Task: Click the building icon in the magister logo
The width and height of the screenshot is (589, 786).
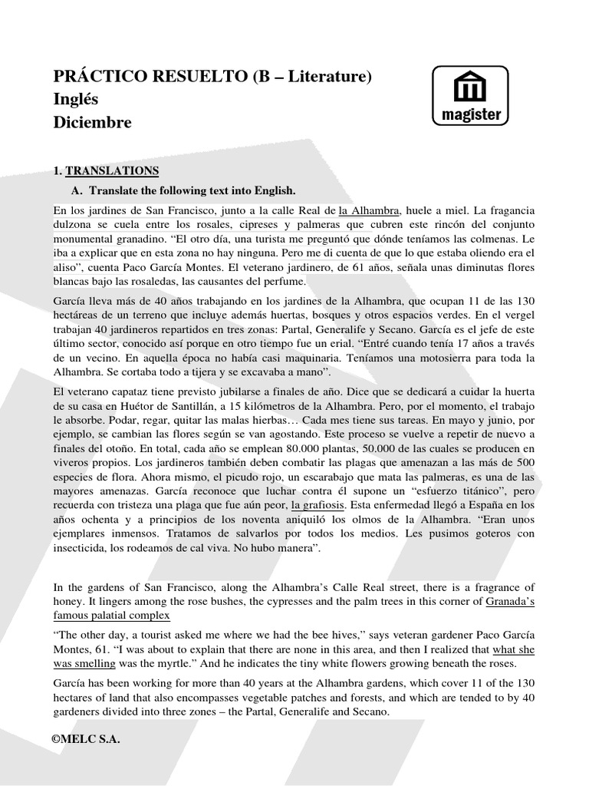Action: coord(470,88)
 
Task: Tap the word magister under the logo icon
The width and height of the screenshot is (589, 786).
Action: coord(470,115)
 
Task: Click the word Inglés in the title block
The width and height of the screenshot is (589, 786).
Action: coord(76,100)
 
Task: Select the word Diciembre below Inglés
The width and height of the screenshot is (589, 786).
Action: coord(92,123)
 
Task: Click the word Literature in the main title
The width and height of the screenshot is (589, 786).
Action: coord(319,77)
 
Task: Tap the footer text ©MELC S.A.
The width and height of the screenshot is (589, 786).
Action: coord(86,739)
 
